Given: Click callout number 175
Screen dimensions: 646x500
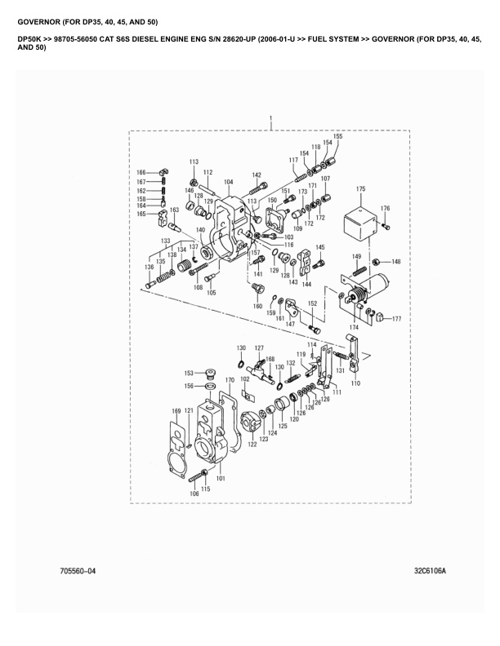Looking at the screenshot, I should pyautogui.click(x=359, y=189).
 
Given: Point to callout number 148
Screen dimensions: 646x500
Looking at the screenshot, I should pyautogui.click(x=395, y=262).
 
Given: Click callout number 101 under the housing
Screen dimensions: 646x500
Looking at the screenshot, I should pyautogui.click(x=220, y=479).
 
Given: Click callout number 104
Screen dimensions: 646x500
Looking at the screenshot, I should pyautogui.click(x=228, y=182).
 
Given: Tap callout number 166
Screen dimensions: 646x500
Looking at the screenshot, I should pyautogui.click(x=141, y=172).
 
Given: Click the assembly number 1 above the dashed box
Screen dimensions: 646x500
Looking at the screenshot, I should pyautogui.click(x=270, y=120).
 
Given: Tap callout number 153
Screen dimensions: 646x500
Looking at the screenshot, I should pyautogui.click(x=188, y=372).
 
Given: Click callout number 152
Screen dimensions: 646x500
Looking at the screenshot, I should pyautogui.click(x=311, y=303).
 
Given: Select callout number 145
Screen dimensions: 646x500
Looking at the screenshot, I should pyautogui.click(x=319, y=247).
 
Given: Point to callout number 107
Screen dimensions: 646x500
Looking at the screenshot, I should pyautogui.click(x=325, y=179).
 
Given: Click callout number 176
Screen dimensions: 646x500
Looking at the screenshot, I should pyautogui.click(x=385, y=209).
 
